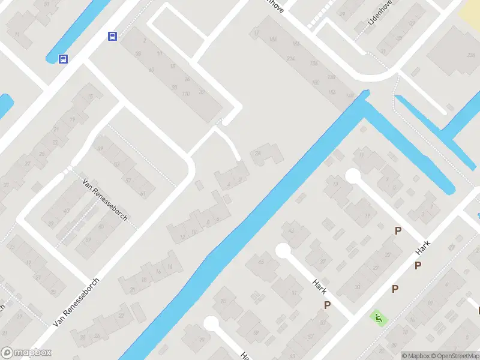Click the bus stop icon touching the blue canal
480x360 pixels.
[x=63, y=59]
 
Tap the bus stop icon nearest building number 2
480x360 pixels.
[x=112, y=37]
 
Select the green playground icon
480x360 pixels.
[x=377, y=316]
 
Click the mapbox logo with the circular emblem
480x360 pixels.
[x=26, y=353]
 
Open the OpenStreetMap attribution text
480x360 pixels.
[x=454, y=356]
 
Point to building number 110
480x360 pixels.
[x=186, y=94]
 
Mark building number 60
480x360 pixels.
[x=151, y=70]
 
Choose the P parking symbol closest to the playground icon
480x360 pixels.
[x=395, y=289]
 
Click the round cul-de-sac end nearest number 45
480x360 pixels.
[x=283, y=251]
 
